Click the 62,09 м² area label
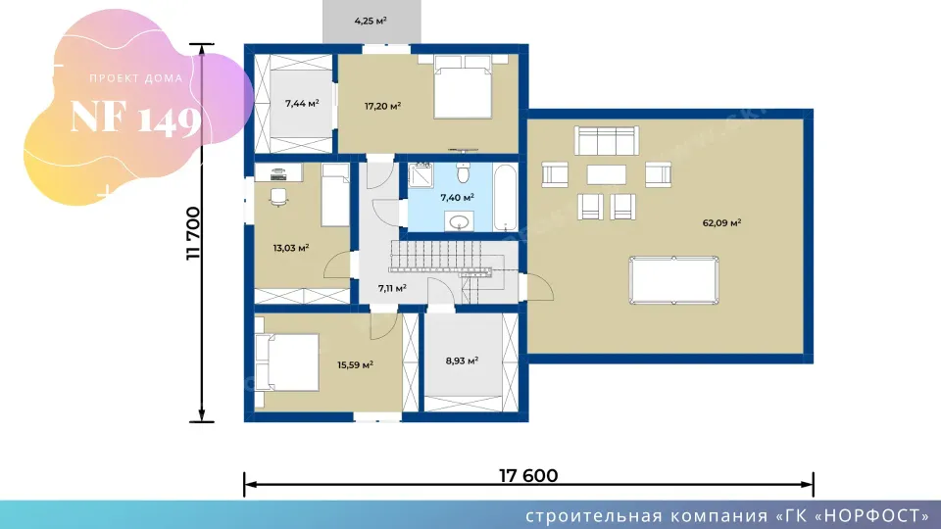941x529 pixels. click(x=721, y=223)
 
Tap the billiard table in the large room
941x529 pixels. click(x=673, y=280)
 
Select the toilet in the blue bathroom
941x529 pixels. click(x=463, y=172)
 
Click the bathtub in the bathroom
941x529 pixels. click(x=505, y=197)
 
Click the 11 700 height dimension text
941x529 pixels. click(x=193, y=233)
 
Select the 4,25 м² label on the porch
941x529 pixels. click(x=371, y=21)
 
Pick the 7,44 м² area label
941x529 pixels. click(x=302, y=103)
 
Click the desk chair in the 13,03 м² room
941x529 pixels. click(x=278, y=197)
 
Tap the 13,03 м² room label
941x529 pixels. click(x=291, y=248)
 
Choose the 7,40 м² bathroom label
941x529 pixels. click(x=458, y=197)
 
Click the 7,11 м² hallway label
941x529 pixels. click(x=392, y=288)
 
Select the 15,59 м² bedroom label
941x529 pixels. click(x=355, y=364)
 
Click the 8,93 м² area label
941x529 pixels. click(x=462, y=361)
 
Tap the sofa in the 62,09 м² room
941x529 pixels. click(x=607, y=141)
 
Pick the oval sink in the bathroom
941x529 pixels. click(x=460, y=222)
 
